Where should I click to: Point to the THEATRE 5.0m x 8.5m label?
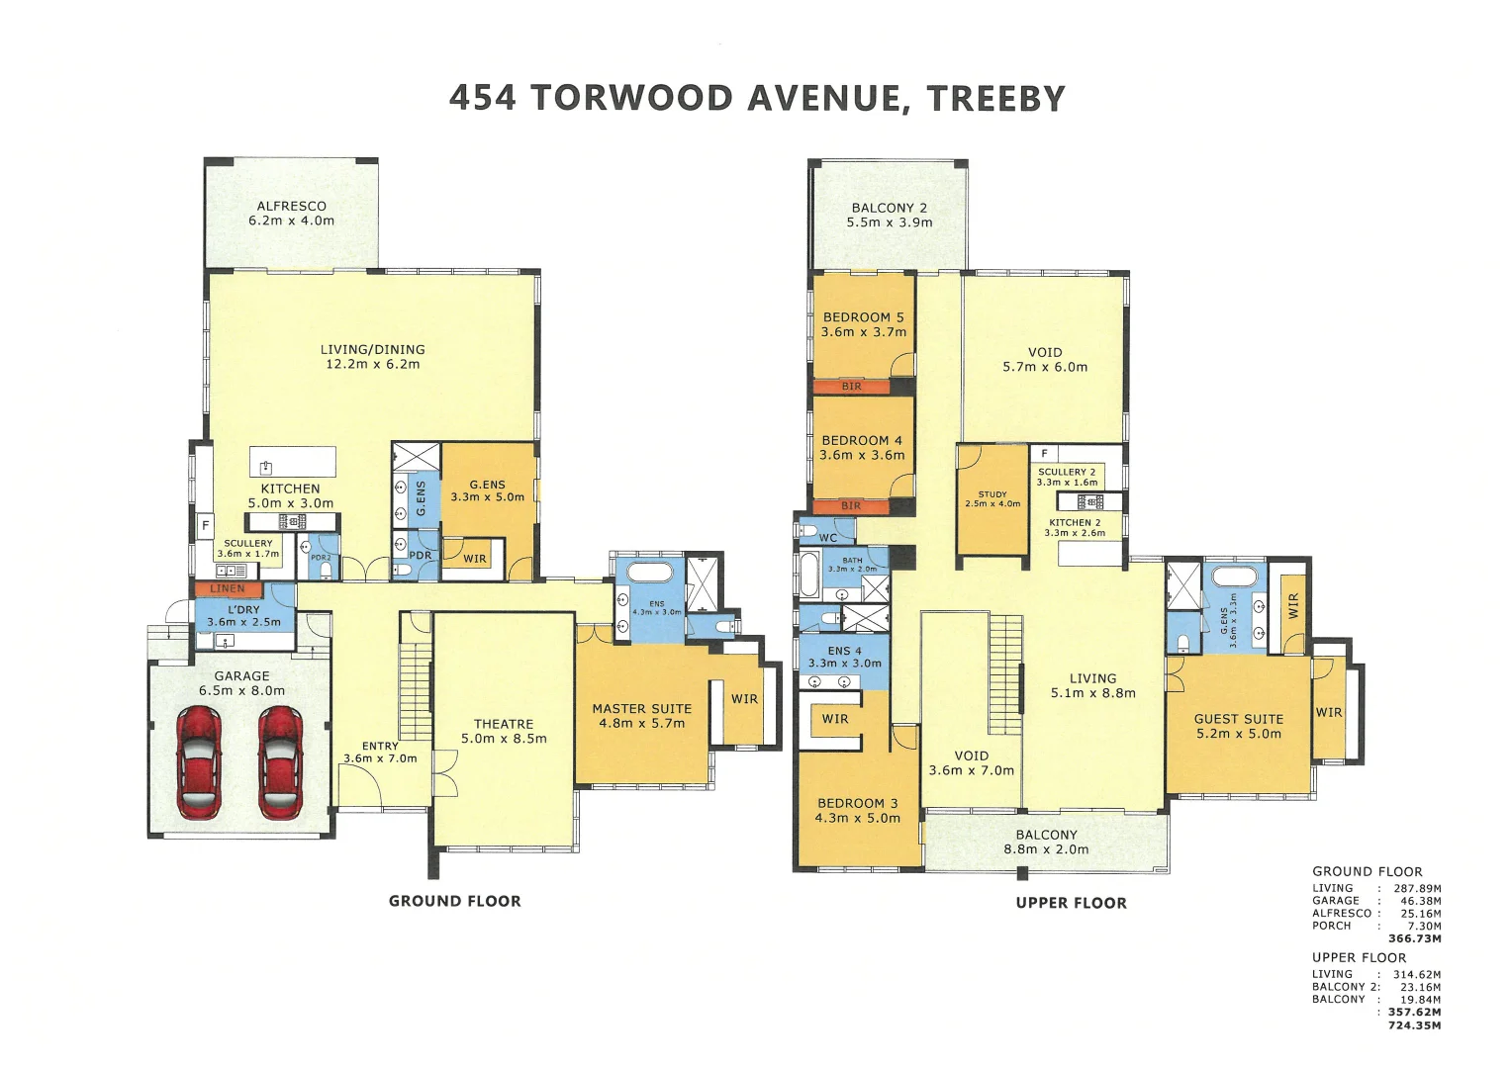point(503,731)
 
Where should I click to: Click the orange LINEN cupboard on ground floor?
point(228,588)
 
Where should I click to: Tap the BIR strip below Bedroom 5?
point(852,387)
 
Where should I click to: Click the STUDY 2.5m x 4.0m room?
point(992,499)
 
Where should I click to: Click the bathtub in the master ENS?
point(649,572)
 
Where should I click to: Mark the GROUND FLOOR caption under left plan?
point(454,901)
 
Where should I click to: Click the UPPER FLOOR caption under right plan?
point(1071,903)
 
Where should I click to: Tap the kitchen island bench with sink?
point(291,462)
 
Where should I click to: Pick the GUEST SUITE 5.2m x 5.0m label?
point(1238,726)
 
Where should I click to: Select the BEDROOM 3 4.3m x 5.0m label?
point(857,810)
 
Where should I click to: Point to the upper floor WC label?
point(828,538)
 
